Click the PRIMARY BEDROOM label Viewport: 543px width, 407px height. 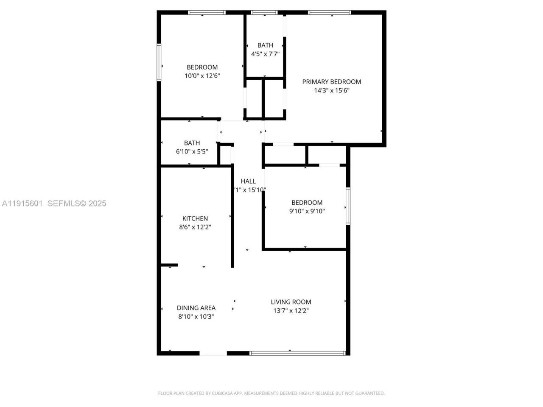[331, 82]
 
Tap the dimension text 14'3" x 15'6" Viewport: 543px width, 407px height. [331, 90]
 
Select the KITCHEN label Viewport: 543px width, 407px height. [195, 219]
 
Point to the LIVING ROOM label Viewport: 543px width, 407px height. [291, 302]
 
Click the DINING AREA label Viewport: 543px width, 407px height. [196, 308]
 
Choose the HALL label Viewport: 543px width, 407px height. [248, 181]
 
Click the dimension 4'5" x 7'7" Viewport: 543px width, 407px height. [265, 54]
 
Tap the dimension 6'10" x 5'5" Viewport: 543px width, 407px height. [192, 151]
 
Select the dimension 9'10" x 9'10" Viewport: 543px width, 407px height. [307, 211]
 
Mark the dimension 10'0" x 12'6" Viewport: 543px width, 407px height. [202, 76]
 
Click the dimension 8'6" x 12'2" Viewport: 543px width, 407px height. [195, 227]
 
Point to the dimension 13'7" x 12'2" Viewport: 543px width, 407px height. [291, 310]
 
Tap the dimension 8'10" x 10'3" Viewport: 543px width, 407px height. [196, 316]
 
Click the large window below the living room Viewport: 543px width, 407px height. [298, 353]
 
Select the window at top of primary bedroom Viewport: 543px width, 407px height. [330, 13]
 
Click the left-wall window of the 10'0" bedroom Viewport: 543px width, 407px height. [159, 62]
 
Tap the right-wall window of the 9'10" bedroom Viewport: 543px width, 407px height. [348, 206]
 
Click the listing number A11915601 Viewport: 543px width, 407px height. [22, 203]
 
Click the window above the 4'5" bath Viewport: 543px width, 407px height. [264, 13]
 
